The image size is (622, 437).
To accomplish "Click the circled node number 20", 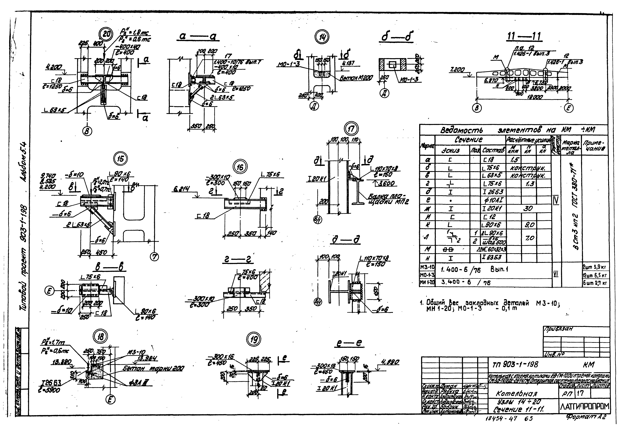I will [x=107, y=35].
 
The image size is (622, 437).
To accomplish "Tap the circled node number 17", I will [x=351, y=129].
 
